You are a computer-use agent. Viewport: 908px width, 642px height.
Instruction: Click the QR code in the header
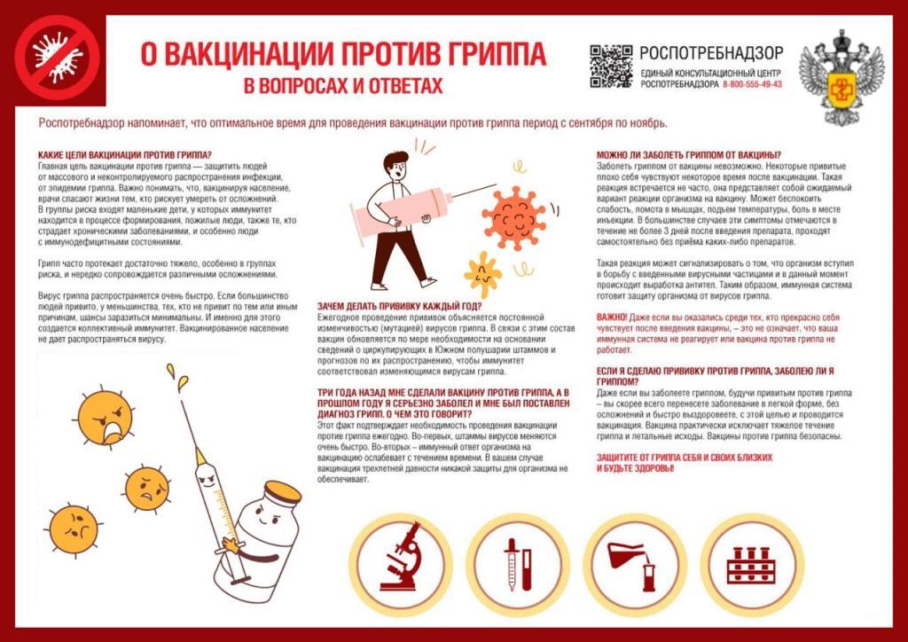[x=611, y=66]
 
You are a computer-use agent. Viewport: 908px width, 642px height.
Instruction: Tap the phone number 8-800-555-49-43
[x=752, y=84]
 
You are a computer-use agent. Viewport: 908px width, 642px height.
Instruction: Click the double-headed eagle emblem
[x=841, y=76]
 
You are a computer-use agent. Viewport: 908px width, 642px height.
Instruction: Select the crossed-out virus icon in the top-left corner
[x=55, y=54]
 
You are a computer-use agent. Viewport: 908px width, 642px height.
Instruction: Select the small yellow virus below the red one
[x=483, y=274]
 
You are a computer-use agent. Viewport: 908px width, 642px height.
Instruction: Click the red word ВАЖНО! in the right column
[x=612, y=317]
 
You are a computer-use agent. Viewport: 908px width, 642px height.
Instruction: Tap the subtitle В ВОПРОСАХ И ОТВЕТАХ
[x=342, y=87]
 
